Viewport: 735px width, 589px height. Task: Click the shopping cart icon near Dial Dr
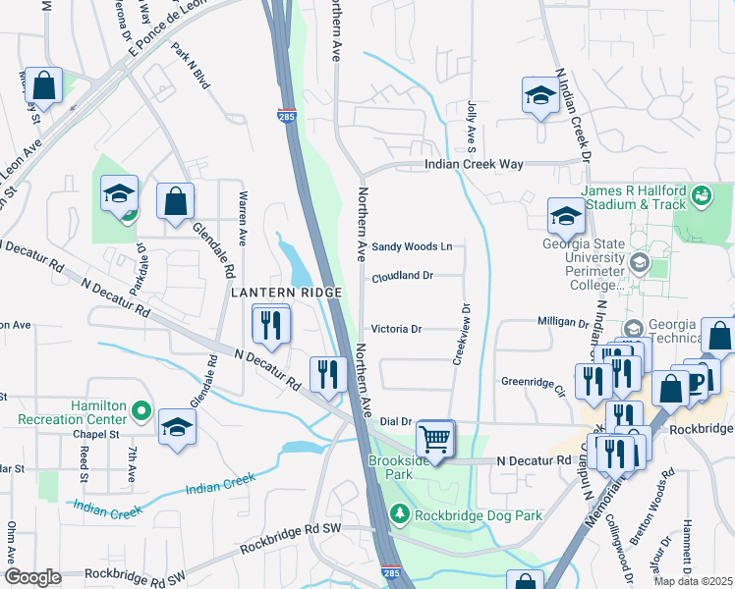434,438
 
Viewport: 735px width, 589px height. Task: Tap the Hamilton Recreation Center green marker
141,410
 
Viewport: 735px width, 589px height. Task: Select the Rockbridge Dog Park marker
399,512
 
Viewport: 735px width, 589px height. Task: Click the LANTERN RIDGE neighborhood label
286,293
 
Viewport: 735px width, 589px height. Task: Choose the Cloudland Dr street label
402,277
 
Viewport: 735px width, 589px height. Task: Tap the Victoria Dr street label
396,329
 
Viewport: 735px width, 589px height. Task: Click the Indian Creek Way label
473,165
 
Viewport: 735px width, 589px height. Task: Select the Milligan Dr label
562,322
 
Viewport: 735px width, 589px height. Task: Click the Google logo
32,577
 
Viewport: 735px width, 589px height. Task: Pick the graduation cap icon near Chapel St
177,427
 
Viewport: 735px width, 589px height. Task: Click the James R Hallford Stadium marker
701,196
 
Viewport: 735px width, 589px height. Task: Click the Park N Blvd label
190,67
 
